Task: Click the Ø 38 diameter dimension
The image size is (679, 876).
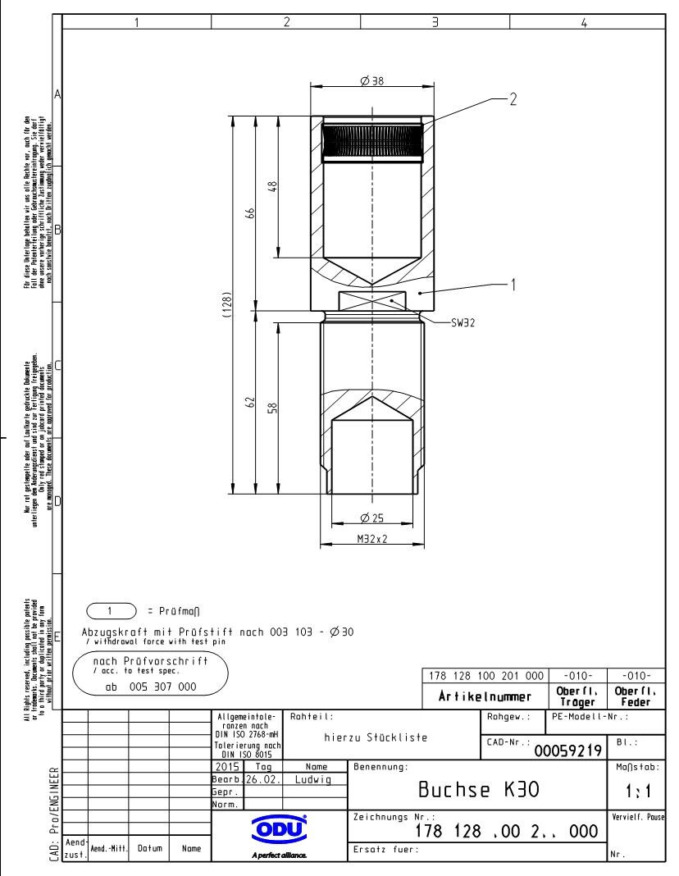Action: pyautogui.click(x=372, y=80)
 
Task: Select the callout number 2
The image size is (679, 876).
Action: pyautogui.click(x=513, y=99)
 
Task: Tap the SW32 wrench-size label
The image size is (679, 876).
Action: pyautogui.click(x=464, y=322)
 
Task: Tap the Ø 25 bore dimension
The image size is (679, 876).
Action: pyautogui.click(x=371, y=517)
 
